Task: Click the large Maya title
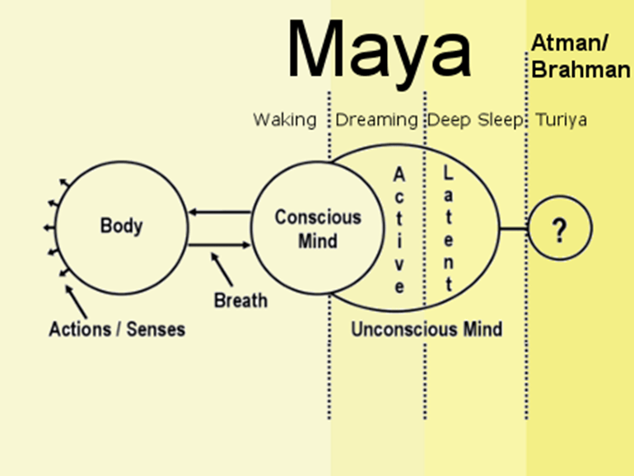point(379,51)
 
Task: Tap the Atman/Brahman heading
point(580,58)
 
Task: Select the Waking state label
point(284,120)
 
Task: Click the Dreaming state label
point(376,120)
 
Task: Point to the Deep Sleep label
point(474,120)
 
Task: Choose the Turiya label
point(562,120)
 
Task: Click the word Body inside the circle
point(121,225)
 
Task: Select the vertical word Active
point(399,230)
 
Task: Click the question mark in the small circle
point(560,231)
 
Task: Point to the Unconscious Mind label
point(427,329)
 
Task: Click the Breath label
point(240,300)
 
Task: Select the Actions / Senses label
point(117,329)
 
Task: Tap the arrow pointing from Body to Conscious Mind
point(219,245)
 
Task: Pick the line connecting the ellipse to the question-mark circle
point(513,229)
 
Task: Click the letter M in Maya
point(322,51)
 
